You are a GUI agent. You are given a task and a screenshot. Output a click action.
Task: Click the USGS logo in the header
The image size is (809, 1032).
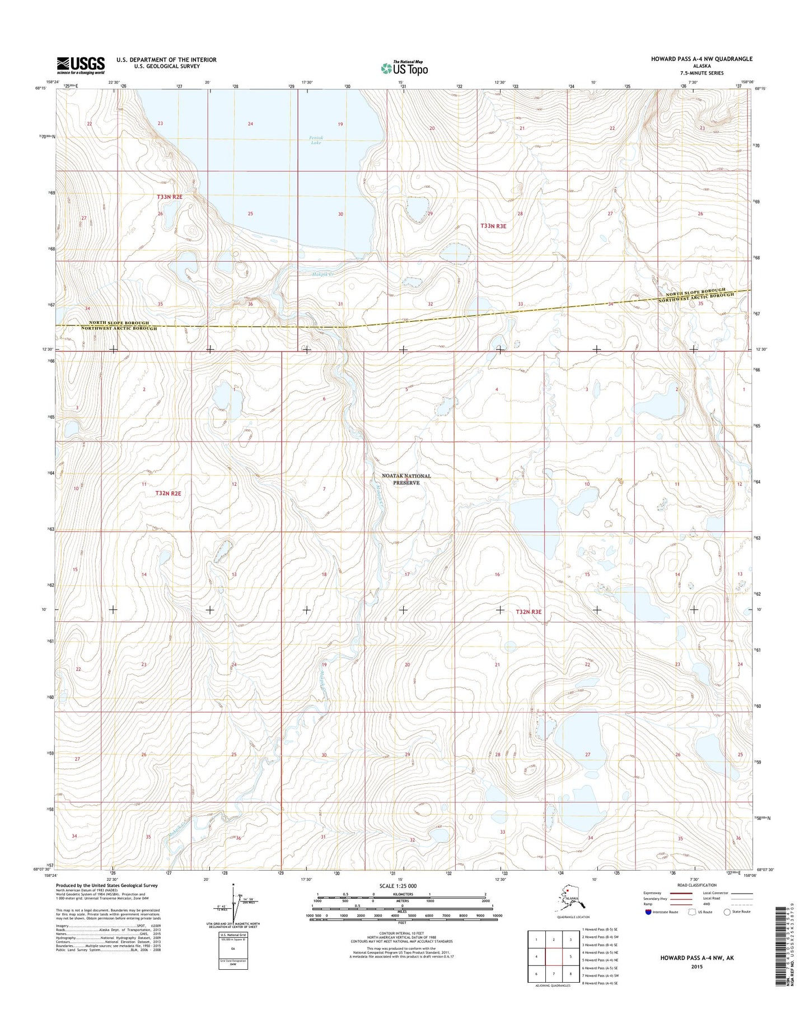click(80, 65)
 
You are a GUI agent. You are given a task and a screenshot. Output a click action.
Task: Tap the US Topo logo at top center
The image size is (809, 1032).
click(404, 68)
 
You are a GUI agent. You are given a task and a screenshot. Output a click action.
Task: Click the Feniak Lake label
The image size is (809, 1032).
click(316, 140)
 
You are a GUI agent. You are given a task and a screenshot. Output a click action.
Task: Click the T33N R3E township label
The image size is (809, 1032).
click(493, 226)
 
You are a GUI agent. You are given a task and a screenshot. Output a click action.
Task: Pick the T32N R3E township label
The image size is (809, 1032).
click(529, 612)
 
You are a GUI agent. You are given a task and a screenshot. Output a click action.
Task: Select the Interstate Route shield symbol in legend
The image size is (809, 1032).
click(648, 912)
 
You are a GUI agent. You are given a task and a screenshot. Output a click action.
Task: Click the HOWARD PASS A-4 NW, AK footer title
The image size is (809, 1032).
click(696, 957)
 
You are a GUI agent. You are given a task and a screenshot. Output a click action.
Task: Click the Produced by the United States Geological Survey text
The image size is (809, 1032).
click(107, 886)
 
